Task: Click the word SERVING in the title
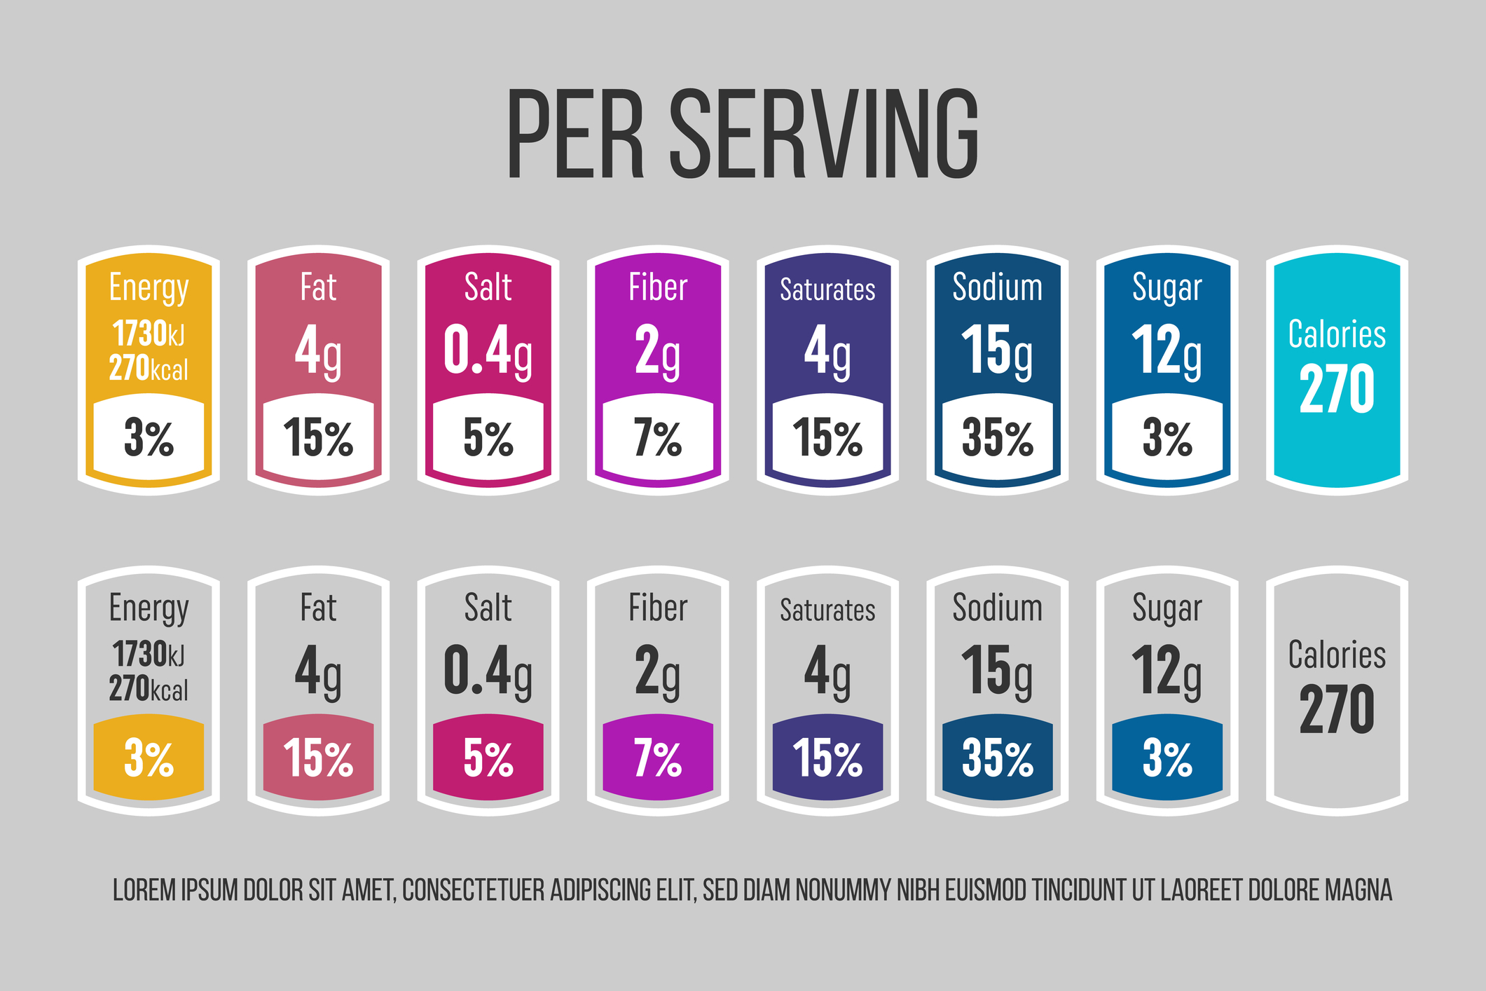pyautogui.click(x=825, y=134)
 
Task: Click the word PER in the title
pyautogui.click(x=575, y=134)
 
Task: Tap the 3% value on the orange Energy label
pyautogui.click(x=149, y=438)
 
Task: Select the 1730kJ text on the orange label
pyautogui.click(x=149, y=334)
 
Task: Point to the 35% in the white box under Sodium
pyautogui.click(x=997, y=438)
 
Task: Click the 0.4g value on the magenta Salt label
pyautogui.click(x=488, y=350)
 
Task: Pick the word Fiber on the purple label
pyautogui.click(x=658, y=288)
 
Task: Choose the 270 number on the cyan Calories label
pyautogui.click(x=1337, y=389)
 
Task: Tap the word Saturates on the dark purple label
pyautogui.click(x=827, y=289)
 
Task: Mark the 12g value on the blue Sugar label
pyautogui.click(x=1167, y=350)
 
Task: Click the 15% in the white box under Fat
pyautogui.click(x=318, y=438)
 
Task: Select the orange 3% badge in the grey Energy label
pyautogui.click(x=149, y=758)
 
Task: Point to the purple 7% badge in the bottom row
pyautogui.click(x=658, y=758)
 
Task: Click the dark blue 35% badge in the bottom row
pyautogui.click(x=997, y=758)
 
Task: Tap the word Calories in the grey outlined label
pyautogui.click(x=1337, y=655)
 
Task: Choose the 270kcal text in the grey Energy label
pyautogui.click(x=149, y=689)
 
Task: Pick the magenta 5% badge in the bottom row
pyautogui.click(x=488, y=758)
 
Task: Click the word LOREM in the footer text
pyautogui.click(x=144, y=890)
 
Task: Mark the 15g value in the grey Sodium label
pyautogui.click(x=997, y=671)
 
